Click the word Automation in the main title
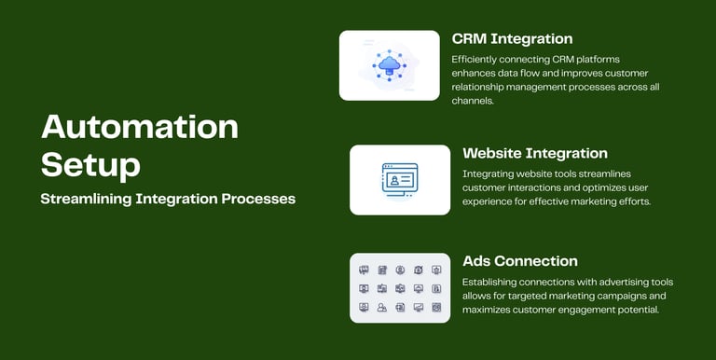[140, 127]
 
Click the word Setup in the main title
[90, 165]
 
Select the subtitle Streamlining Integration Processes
[168, 200]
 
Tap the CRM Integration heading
[513, 39]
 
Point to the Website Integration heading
[535, 154]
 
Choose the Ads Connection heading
[520, 261]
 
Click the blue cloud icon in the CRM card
[390, 65]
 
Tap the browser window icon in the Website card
[400, 180]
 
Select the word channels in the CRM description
[473, 101]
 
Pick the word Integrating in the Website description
[485, 174]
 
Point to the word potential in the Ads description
[641, 311]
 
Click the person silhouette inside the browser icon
[393, 181]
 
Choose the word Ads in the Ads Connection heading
[476, 261]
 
